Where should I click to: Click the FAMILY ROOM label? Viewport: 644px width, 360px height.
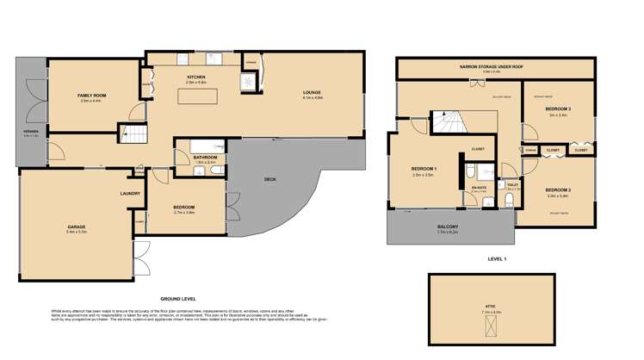(90, 95)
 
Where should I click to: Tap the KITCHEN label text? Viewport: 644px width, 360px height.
(196, 78)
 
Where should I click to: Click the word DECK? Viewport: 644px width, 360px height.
(269, 179)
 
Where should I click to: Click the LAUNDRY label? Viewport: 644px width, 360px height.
(130, 193)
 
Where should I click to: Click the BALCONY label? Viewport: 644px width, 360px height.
(448, 227)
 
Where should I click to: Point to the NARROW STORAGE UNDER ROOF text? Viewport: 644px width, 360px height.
(491, 65)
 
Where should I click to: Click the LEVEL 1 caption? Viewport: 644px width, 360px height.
(497, 258)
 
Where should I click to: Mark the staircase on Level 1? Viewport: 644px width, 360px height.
(448, 122)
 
